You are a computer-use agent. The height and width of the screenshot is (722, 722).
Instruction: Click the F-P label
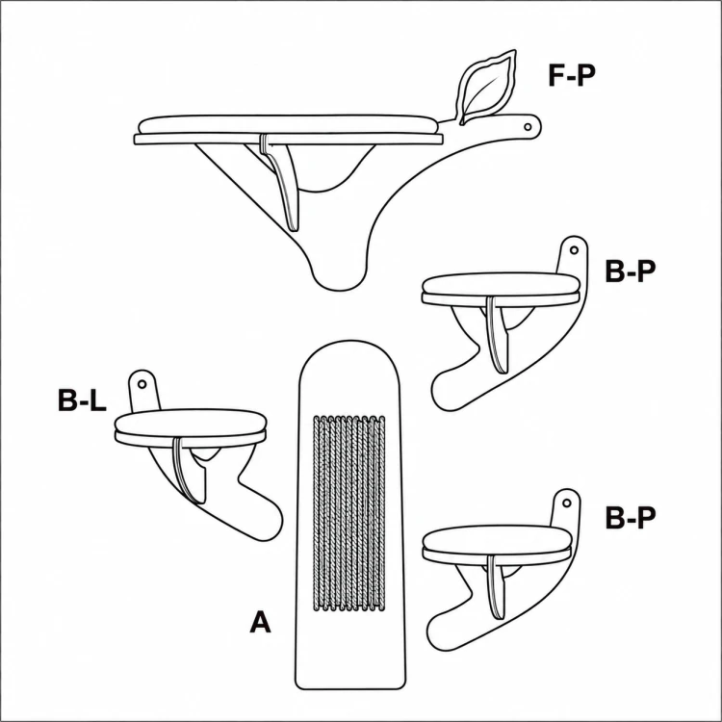click(x=572, y=75)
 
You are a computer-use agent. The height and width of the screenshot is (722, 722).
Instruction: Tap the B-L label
click(x=83, y=400)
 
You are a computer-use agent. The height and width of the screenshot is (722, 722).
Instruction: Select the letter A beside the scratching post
click(x=260, y=621)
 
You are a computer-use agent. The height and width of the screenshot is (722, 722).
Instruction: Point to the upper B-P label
click(x=630, y=271)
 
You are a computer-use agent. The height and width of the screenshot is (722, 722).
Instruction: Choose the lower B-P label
click(x=630, y=518)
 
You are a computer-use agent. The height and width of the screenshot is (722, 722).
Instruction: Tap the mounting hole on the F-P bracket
click(x=529, y=126)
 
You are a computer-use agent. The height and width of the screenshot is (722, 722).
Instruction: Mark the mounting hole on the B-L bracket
click(x=142, y=383)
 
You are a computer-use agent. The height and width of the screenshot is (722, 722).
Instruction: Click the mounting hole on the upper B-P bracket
click(x=574, y=250)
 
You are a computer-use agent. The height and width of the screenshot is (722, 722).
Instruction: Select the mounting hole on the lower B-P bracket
click(x=567, y=503)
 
